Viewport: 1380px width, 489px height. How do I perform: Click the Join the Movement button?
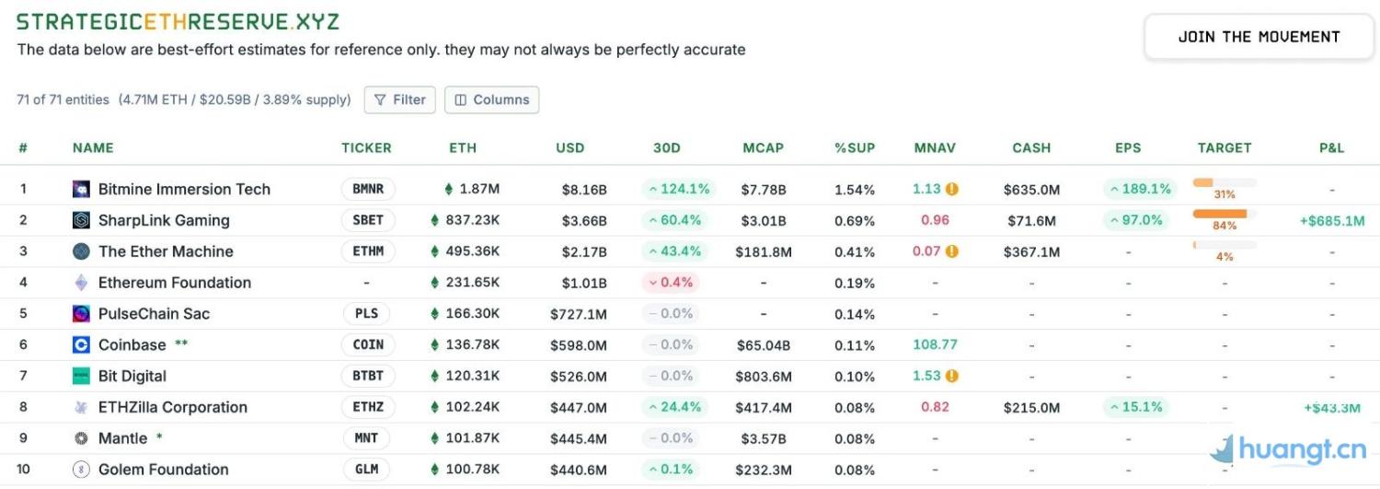1259,38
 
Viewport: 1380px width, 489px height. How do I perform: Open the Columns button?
491,99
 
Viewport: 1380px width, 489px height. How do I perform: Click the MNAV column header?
935,147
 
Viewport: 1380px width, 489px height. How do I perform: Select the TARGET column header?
1225,147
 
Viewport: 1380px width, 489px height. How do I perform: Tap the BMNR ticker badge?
368,189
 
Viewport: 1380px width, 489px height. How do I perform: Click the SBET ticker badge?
368,220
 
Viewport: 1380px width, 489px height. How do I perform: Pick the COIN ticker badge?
368,344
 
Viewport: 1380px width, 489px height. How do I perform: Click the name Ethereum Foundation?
175,283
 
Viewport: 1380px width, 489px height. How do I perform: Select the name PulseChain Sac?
154,314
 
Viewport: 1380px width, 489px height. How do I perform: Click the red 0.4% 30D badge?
671,283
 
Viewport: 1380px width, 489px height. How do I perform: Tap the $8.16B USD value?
584,190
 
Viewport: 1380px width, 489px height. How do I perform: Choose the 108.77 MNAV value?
935,344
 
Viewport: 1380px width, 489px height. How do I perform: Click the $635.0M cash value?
1031,190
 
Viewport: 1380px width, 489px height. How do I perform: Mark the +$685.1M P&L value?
1331,221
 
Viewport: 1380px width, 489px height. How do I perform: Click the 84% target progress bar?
1224,214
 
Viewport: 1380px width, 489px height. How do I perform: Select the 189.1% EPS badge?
1139,189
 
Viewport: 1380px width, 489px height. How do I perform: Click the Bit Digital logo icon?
81,376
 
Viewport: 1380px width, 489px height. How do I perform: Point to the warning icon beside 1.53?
952,376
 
